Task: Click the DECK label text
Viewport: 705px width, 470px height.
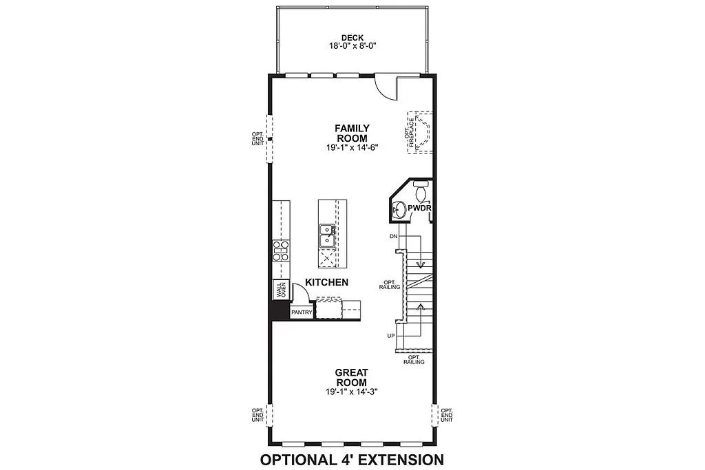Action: tap(352, 38)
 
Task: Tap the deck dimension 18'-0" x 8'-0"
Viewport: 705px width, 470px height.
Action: tap(352, 46)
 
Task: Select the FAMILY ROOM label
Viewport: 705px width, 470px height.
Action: tap(352, 133)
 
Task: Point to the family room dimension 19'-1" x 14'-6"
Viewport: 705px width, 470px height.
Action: tap(352, 147)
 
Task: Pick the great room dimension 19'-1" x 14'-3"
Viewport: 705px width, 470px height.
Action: tap(351, 392)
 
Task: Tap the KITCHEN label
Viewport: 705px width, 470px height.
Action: tap(326, 282)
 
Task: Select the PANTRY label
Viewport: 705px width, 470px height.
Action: tap(302, 312)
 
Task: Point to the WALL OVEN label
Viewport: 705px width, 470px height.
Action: tap(282, 290)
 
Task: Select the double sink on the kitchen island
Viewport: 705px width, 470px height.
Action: tap(326, 236)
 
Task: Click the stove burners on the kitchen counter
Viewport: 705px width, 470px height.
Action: tap(281, 250)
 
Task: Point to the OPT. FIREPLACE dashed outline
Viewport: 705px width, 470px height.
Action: tap(419, 132)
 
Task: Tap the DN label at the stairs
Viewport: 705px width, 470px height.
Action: tap(394, 236)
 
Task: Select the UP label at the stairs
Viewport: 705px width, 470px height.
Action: tap(391, 336)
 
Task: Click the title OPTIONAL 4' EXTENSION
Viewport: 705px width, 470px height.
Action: tap(351, 459)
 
